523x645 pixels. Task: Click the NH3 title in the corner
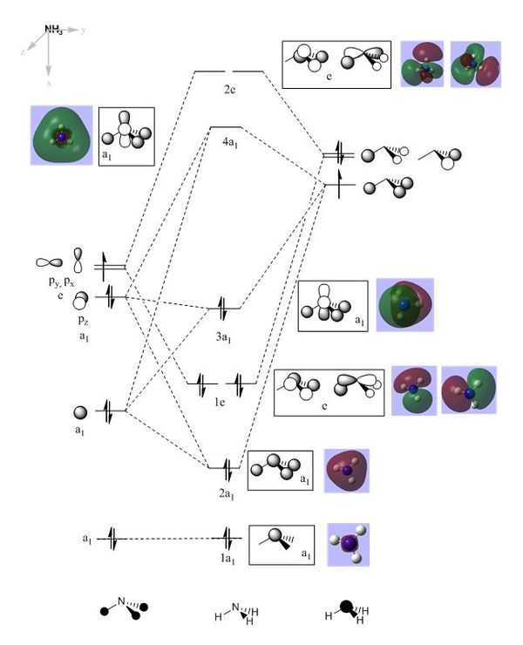(x=53, y=29)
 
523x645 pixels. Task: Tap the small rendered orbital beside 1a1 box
(x=348, y=545)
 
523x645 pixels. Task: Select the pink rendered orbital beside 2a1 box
(x=347, y=471)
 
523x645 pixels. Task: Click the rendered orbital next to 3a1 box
(x=404, y=306)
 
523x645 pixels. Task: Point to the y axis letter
(x=84, y=30)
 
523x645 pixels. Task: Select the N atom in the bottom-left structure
(x=123, y=599)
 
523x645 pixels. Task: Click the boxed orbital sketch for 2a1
(x=280, y=471)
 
